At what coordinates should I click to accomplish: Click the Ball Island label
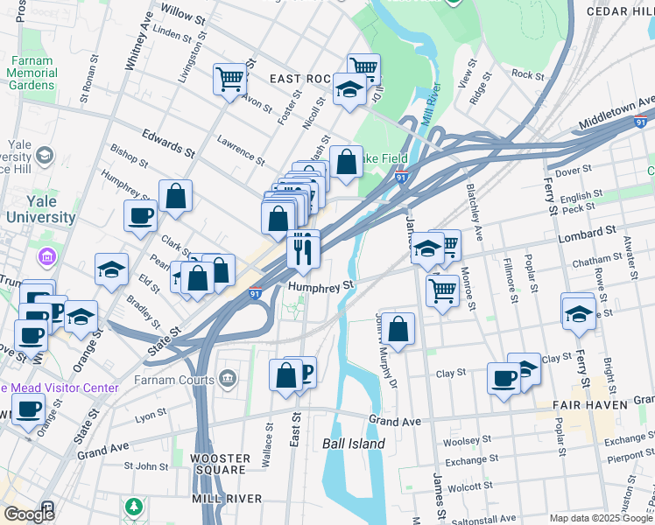coord(354,444)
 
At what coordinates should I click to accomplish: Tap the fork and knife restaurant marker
coord(303,250)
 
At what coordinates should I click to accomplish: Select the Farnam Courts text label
coord(174,381)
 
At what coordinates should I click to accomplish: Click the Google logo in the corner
coord(29,514)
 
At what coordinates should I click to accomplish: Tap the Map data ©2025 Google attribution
coord(600,518)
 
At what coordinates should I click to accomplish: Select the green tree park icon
coord(133,507)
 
